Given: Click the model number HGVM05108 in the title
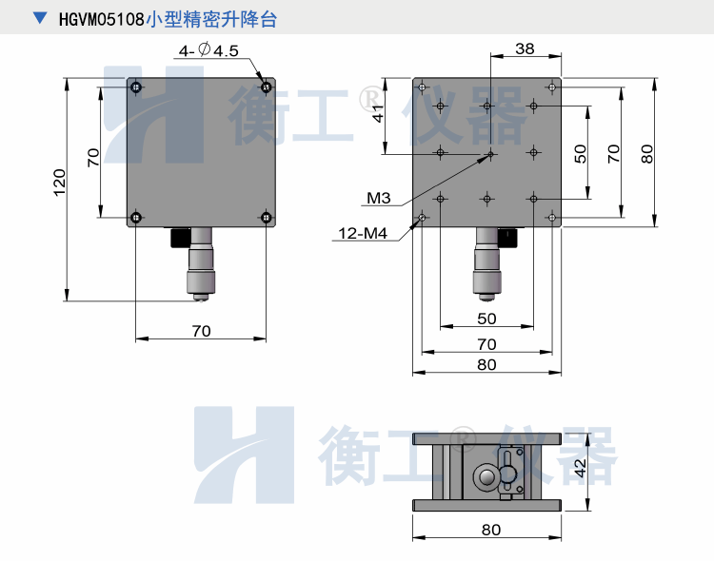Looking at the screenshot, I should coord(102,19).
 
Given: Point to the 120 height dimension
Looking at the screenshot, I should coord(59,182).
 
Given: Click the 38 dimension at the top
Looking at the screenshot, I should coord(524,48).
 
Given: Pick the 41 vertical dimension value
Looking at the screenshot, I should coord(378,114).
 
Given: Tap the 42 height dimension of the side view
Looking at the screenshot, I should coord(580,467).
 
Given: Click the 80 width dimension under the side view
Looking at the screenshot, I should coord(489,530).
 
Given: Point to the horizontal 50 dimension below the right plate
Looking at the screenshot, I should coord(486,319).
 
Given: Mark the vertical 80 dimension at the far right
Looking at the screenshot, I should coord(647,153).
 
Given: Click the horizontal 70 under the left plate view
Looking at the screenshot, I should coord(201,331).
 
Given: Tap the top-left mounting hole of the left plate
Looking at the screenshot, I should coord(137,88).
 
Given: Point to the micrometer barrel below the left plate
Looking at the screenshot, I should coord(201,267).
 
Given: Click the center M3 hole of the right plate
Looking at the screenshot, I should coord(488,152).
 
